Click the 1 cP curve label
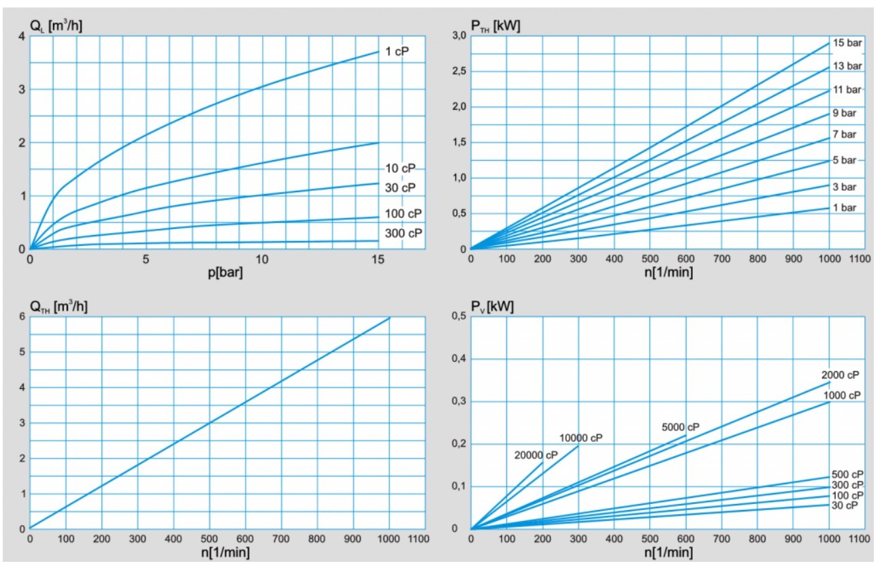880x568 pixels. coord(397,52)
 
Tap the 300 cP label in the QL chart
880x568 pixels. coord(404,233)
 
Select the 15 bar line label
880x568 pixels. coord(847,43)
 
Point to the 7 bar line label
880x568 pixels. coord(844,134)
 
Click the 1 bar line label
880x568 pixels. coord(844,207)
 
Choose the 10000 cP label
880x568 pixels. coord(581,438)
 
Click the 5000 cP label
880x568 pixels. coord(681,427)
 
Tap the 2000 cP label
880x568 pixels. coord(840,375)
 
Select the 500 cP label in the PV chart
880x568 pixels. coord(847,475)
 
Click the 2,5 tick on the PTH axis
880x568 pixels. coord(457,72)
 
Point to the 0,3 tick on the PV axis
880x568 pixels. coord(457,401)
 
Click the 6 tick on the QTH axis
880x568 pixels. coord(22,317)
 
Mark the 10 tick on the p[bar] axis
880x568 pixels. coord(262,259)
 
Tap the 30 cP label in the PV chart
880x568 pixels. coord(844,505)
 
